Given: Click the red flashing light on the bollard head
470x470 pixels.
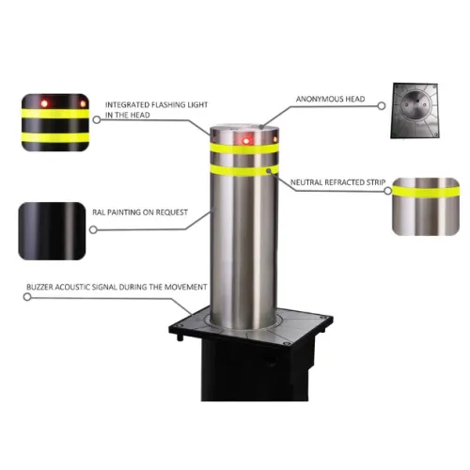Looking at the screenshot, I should pyautogui.click(x=247, y=141).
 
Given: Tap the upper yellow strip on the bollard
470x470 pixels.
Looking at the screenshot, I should pyautogui.click(x=243, y=149).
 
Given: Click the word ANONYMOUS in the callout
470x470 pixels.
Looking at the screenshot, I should pyautogui.click(x=316, y=99).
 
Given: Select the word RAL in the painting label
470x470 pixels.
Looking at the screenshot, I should pyautogui.click(x=98, y=212).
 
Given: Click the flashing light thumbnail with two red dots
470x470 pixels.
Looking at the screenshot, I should pyautogui.click(x=55, y=118).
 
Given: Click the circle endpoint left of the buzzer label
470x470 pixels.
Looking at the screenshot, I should pyautogui.click(x=27, y=295).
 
